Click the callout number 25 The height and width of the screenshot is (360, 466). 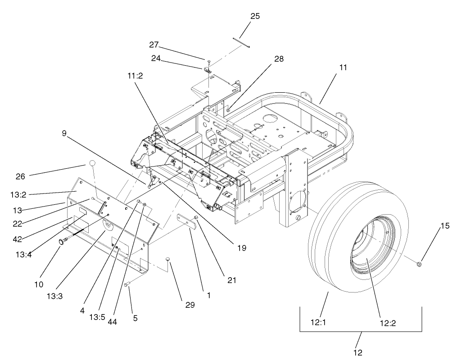[x=255, y=16]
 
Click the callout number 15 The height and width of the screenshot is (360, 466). [x=444, y=226]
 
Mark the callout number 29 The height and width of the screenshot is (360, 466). [x=190, y=305]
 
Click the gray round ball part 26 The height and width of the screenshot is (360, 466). [x=92, y=164]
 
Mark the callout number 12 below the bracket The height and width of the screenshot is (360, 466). [x=358, y=352]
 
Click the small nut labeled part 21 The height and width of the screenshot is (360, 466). [x=196, y=218]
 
